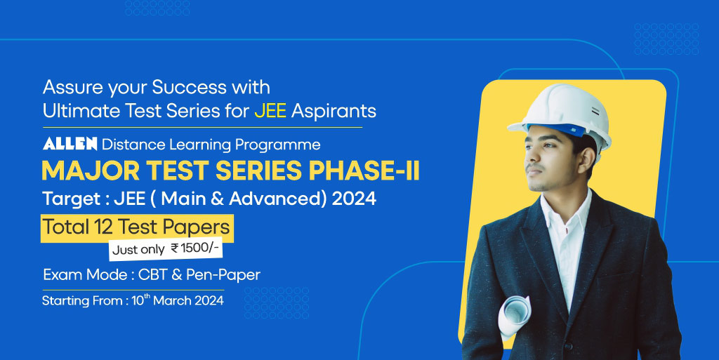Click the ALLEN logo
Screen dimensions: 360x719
point(70,145)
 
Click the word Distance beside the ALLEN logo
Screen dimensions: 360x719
point(126,145)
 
